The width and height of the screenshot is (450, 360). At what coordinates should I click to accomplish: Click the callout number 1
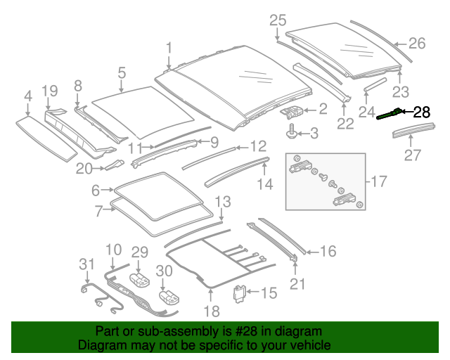tap(169, 48)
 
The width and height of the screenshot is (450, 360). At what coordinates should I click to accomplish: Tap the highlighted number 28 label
tap(421, 112)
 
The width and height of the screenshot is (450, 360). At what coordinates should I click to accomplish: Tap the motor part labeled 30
tap(167, 299)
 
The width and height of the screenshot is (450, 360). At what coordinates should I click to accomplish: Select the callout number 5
tap(122, 72)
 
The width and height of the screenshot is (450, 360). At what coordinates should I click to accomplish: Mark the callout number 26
tap(417, 44)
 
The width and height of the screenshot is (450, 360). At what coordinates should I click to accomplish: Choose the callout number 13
tap(221, 202)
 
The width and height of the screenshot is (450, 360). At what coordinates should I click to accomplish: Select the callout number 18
tap(212, 311)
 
